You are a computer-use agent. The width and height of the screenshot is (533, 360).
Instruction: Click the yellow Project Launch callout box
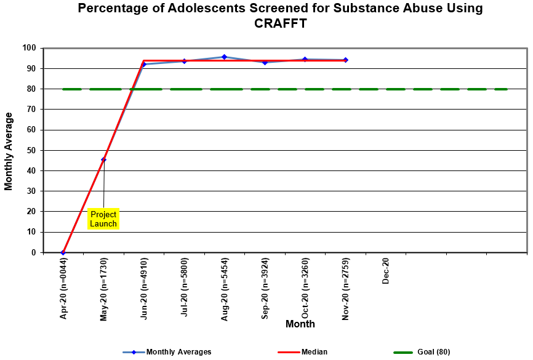[103, 218]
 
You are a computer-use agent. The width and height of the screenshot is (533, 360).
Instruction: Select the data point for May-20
[103, 159]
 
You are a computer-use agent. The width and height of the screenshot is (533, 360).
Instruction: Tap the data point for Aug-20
[224, 57]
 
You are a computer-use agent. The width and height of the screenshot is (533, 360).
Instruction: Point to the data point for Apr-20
[63, 252]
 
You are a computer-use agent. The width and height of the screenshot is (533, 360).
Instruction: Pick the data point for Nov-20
[345, 60]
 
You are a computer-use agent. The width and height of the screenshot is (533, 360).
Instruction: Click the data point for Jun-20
[143, 64]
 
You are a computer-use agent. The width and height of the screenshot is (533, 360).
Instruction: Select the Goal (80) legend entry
[431, 352]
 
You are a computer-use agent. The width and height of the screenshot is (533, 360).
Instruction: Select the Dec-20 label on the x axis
[386, 271]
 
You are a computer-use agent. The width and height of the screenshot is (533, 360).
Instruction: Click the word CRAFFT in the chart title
[280, 24]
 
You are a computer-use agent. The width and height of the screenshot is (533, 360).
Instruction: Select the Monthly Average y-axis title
[9, 151]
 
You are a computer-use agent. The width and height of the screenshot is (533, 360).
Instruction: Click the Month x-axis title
[300, 324]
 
